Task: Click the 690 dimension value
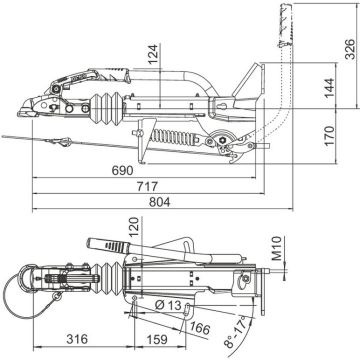point(122,170)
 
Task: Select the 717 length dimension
point(147,186)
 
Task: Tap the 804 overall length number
point(159,202)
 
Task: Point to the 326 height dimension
point(350,49)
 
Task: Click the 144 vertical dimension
point(329,87)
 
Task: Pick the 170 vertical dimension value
point(329,135)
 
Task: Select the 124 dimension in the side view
point(153,54)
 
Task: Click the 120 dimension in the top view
point(134,227)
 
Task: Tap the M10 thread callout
point(277,248)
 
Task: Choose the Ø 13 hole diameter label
point(168,305)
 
